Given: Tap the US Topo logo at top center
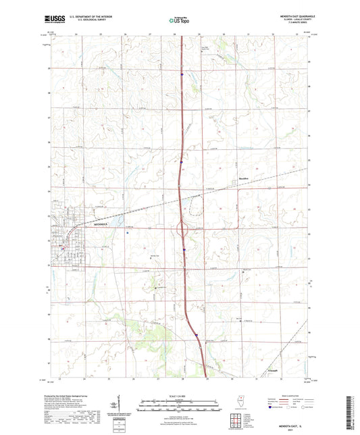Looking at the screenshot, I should pos(179,20).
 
